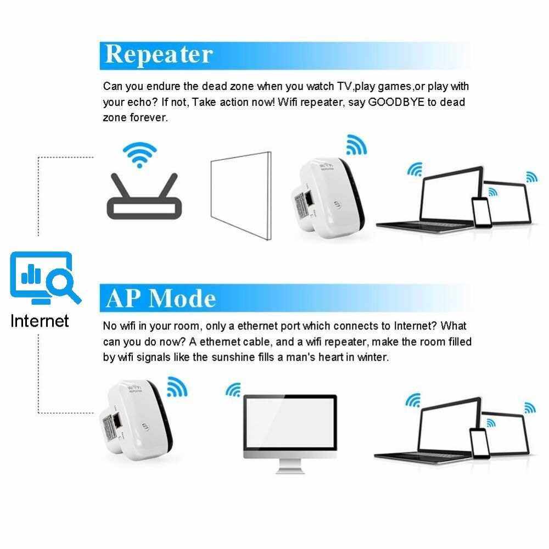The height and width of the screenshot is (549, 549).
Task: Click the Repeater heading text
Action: pyautogui.click(x=159, y=55)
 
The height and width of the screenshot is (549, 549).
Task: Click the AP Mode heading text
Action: pyautogui.click(x=161, y=298)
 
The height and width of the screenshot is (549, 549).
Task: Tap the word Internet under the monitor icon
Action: pyautogui.click(x=40, y=321)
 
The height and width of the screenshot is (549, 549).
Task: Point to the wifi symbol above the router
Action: pyautogui.click(x=139, y=154)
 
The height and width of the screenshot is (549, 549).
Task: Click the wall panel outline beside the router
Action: pyautogui.click(x=241, y=195)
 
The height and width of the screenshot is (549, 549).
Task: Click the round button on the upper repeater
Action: pyautogui.click(x=337, y=205)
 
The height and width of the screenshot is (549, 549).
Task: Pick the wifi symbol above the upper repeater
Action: pyautogui.click(x=356, y=144)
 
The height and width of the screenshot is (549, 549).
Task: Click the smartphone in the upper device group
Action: pyautogui.click(x=481, y=213)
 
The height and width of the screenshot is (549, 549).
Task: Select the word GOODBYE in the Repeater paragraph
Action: pyautogui.click(x=396, y=102)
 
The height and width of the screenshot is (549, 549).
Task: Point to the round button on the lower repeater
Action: pyautogui.click(x=145, y=426)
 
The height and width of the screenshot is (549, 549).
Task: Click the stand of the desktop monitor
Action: pyautogui.click(x=290, y=467)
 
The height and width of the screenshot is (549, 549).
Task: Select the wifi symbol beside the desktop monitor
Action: pyautogui.click(x=233, y=390)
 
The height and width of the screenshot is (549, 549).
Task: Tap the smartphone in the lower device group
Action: pyautogui.click(x=479, y=443)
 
